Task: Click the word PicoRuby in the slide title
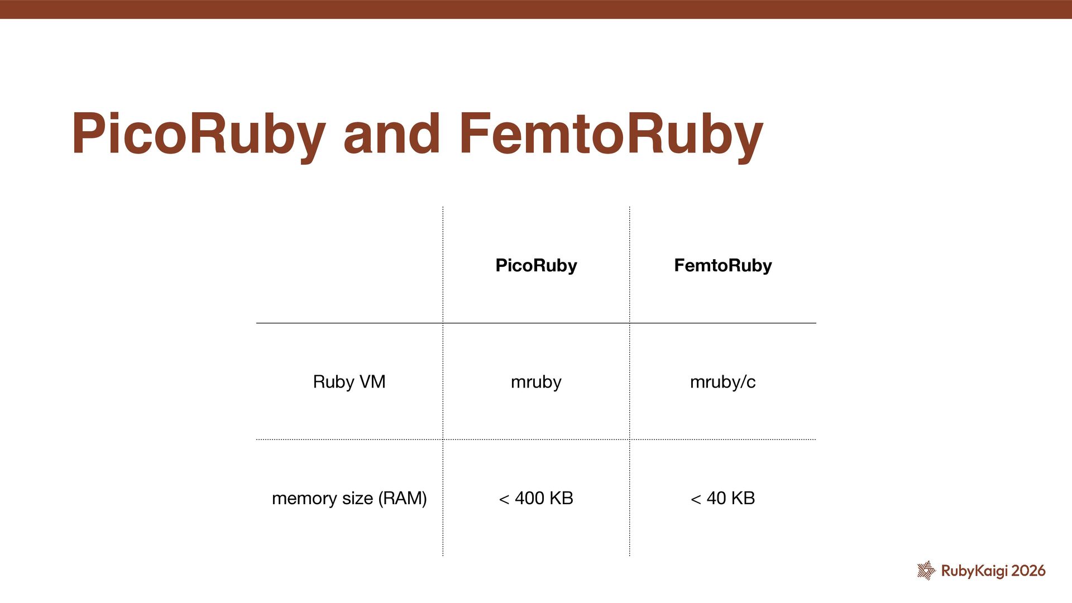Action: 198,134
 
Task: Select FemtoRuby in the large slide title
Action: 611,134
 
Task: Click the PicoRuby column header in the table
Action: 536,265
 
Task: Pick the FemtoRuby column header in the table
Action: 722,265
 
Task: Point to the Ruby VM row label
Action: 349,382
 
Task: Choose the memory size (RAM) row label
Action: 349,498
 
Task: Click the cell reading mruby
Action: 536,382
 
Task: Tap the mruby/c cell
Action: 722,382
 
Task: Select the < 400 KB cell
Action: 536,498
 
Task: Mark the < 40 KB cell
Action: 722,498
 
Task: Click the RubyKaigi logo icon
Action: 926,570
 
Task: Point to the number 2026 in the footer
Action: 1028,571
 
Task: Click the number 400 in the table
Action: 529,498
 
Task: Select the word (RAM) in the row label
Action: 402,498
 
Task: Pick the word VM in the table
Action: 372,382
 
